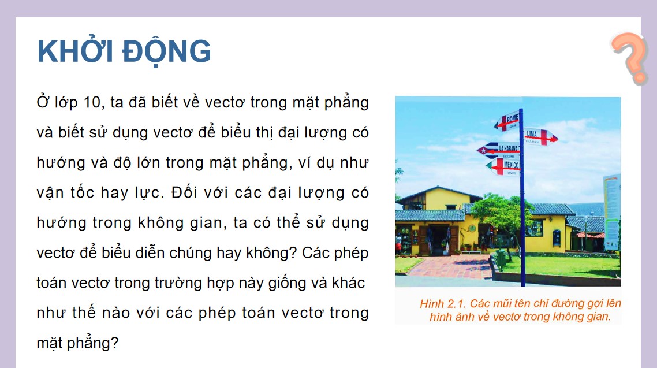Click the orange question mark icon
[630, 58]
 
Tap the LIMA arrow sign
[540, 136]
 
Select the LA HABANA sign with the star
[499, 150]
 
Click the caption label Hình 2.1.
[442, 304]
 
